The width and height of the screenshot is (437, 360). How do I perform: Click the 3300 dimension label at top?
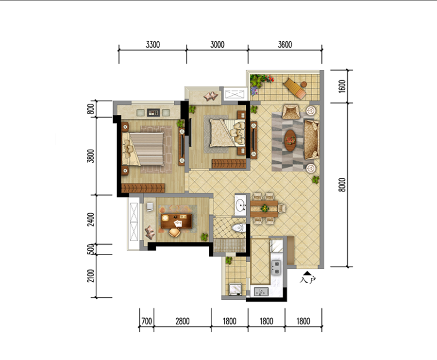pyautogui.click(x=153, y=45)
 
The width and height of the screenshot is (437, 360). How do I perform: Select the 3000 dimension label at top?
pyautogui.click(x=218, y=45)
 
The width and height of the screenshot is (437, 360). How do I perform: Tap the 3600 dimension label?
pyautogui.click(x=285, y=45)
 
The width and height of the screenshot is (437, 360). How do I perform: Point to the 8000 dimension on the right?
pyautogui.click(x=342, y=185)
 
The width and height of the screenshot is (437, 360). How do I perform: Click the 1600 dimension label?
pyautogui.click(x=342, y=86)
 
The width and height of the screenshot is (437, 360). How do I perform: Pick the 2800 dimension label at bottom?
pyautogui.click(x=183, y=321)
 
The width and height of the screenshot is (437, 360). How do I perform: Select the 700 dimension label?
pyautogui.click(x=147, y=321)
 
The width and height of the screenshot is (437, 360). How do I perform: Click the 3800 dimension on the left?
pyautogui.click(x=91, y=156)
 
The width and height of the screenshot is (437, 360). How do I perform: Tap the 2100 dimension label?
pyautogui.click(x=91, y=275)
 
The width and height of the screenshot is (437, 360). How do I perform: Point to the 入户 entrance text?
pyautogui.click(x=308, y=280)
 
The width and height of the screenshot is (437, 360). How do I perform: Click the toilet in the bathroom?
pyautogui.click(x=239, y=228)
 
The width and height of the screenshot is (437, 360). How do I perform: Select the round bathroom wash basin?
pyautogui.click(x=240, y=206)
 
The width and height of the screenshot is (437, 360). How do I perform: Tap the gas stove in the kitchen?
pyautogui.click(x=276, y=267)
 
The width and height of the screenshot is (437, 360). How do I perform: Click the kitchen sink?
pyautogui.click(x=261, y=292)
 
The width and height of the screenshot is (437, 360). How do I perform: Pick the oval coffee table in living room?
pyautogui.click(x=290, y=140)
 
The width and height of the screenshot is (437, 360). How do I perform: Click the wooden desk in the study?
pyautogui.click(x=177, y=221)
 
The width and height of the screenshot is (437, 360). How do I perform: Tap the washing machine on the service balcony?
pyautogui.click(x=235, y=290)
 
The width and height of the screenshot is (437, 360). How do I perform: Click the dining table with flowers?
pyautogui.click(x=264, y=208)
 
